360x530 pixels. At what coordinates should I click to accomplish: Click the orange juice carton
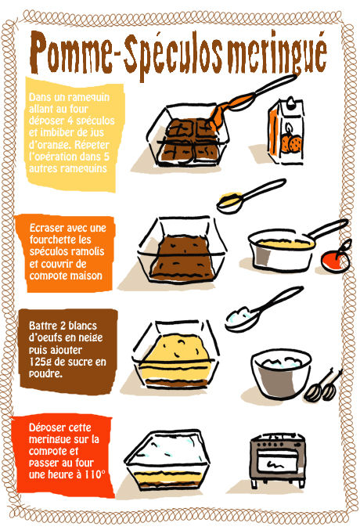coord(286,131)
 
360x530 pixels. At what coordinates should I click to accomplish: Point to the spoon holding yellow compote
coord(250,196)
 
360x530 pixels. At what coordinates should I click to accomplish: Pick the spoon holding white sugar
coord(264,309)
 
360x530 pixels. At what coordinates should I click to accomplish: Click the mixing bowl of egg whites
coord(281,373)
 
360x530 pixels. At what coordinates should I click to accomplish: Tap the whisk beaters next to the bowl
coord(323,387)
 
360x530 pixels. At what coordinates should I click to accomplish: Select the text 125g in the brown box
coord(40,362)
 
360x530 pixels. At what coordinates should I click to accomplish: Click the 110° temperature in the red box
coord(95,474)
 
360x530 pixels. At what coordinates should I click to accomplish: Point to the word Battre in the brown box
coord(42,326)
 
